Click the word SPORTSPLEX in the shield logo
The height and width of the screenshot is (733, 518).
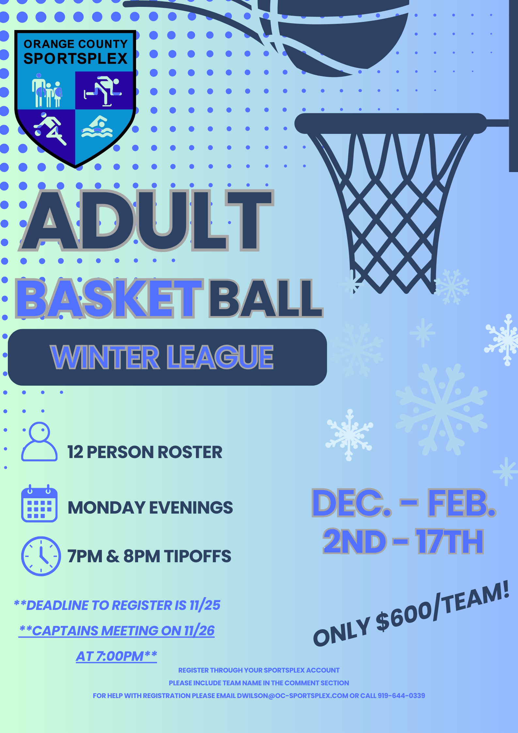point(75,58)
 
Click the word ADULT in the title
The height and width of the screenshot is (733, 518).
point(146,220)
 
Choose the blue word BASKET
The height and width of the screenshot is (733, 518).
point(109,298)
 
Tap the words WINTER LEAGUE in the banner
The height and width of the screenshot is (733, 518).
point(162,357)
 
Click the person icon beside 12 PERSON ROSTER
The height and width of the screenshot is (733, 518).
point(39,441)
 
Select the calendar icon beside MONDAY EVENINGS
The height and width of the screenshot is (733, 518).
point(39,503)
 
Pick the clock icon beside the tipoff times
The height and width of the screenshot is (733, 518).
point(41,556)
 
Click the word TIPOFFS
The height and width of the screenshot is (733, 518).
point(197,556)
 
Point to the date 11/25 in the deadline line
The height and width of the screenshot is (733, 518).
point(205,605)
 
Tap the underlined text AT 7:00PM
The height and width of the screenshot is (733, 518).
point(117,656)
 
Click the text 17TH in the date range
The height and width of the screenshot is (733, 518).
point(449,542)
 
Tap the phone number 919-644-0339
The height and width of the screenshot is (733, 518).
point(401,696)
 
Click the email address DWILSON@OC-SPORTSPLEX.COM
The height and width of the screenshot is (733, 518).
point(292,696)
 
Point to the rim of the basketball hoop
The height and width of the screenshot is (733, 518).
point(390,123)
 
